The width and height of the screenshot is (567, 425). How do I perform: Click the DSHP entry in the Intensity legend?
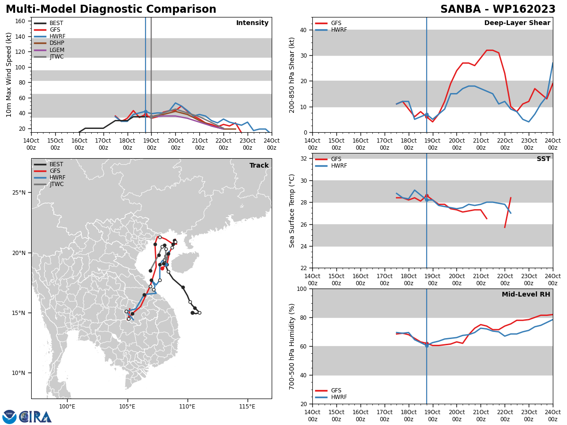[x=49, y=43]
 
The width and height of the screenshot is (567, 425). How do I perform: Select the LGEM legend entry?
[x=49, y=50]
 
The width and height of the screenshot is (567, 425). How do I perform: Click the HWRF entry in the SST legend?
[x=331, y=166]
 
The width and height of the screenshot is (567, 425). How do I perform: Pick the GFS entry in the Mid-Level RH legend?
[x=328, y=391]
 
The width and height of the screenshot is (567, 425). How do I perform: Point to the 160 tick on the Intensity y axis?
[x=20, y=21]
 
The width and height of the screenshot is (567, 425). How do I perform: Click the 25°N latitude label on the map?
[x=19, y=193]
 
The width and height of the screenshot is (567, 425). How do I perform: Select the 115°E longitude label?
[x=247, y=407]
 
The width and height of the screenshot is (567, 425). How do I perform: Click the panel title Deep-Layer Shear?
[x=517, y=23]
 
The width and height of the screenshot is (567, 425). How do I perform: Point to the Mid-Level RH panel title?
[x=526, y=294]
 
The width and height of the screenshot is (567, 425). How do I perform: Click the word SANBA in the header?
[x=460, y=9]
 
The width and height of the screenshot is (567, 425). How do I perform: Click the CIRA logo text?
[x=35, y=417]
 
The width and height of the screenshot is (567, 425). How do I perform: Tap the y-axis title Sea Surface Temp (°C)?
[x=292, y=211]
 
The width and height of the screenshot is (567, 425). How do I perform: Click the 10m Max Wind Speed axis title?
[x=9, y=75]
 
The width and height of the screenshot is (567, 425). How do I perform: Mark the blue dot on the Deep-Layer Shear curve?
[x=427, y=115]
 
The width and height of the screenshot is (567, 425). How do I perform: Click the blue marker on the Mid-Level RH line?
[x=427, y=346]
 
